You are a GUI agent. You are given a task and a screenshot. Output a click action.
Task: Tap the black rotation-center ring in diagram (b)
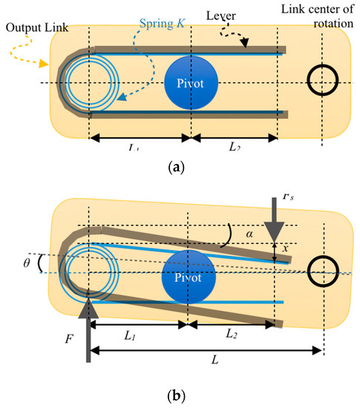pos(324,272)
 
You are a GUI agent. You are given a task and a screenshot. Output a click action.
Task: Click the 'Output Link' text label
pos(36,30)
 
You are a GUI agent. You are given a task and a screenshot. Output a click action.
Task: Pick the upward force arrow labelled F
pos(88,326)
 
